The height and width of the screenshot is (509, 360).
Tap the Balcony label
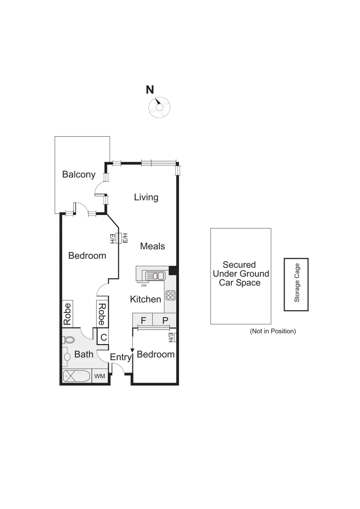coord(79,174)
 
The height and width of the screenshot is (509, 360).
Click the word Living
coord(146,197)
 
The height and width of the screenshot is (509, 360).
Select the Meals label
coord(152,246)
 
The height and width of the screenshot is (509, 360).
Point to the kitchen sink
coord(155,276)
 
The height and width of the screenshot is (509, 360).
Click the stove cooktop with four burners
coord(171,296)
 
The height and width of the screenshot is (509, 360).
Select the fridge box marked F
coord(143,320)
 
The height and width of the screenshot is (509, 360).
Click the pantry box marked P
coord(165,320)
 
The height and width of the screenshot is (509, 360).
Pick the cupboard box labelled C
coord(103,337)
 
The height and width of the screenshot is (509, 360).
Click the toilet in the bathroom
coord(69,339)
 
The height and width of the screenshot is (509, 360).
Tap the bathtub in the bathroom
coord(77,376)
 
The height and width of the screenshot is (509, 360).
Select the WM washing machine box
coord(99,376)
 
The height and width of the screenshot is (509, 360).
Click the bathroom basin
coord(66,357)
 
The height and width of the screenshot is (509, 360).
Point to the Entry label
coord(120,358)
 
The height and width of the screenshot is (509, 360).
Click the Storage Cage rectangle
coord(296,284)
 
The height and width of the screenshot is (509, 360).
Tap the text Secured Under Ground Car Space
coord(241,274)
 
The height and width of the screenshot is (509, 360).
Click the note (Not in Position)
coord(273,331)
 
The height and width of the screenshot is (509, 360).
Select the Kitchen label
coord(146,299)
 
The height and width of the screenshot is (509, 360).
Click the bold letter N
coord(150,90)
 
